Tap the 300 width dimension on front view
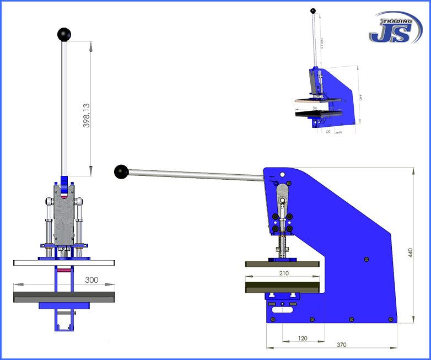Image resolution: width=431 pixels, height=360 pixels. click(91, 280)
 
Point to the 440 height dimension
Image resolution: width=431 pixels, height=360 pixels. click(410, 252)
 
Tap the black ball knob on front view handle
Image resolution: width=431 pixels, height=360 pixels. click(64, 34)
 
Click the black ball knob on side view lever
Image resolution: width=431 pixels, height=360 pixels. click(121, 172)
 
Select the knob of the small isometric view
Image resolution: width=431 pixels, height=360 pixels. click(313, 10)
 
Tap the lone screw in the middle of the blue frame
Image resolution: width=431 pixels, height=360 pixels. click(367, 259)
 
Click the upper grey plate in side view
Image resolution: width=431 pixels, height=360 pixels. click(282, 264)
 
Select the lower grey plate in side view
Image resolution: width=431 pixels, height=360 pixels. click(282, 287)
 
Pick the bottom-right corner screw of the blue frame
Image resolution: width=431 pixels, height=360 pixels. click(390, 319)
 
